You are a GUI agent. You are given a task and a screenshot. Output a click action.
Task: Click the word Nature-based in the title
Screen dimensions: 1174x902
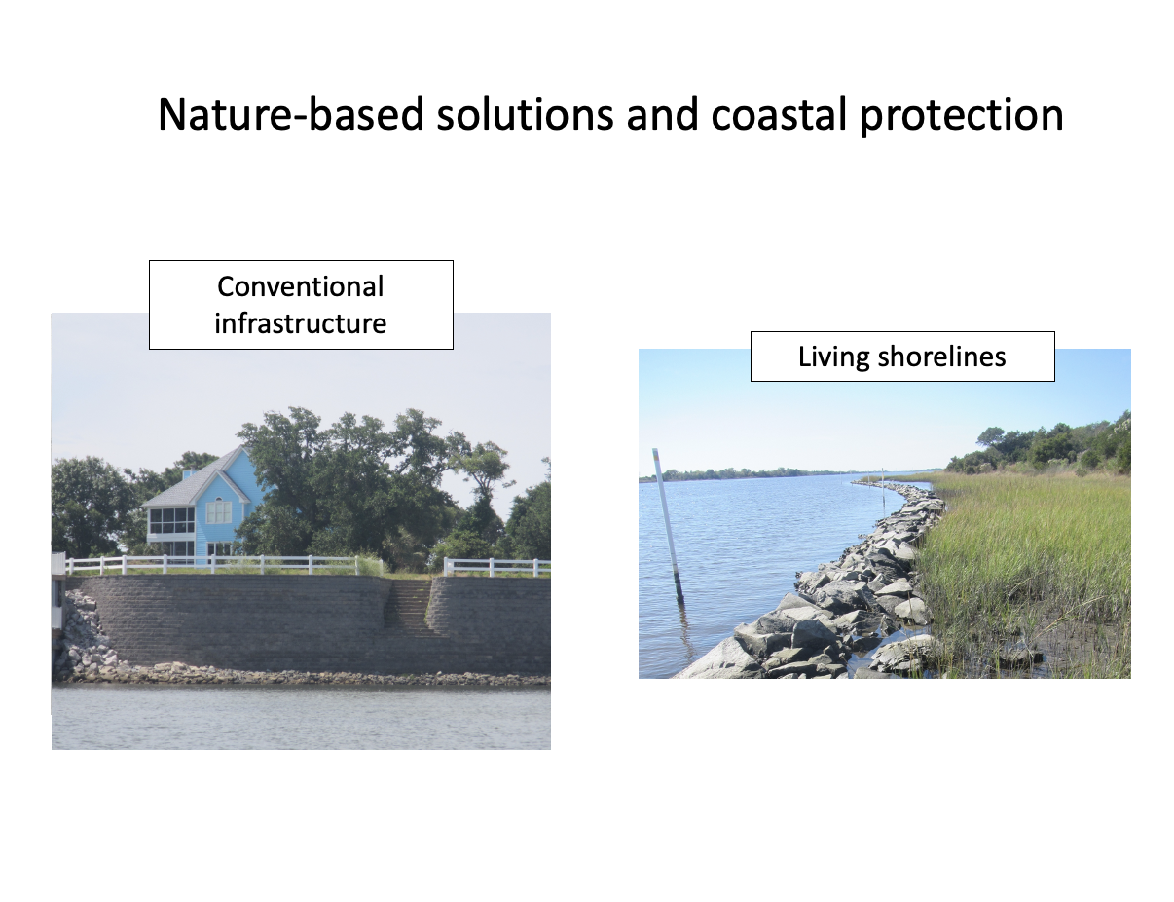point(291,115)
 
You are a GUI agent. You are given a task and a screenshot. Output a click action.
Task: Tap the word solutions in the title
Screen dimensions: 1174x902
point(525,115)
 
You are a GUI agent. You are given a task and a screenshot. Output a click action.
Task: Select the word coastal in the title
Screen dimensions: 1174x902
point(779,115)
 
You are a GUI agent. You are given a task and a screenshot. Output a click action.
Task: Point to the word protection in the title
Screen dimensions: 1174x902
point(962,116)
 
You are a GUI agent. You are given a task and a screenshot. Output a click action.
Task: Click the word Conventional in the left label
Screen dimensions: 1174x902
point(301,286)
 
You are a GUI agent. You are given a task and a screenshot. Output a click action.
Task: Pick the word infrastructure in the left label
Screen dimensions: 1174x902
point(301,323)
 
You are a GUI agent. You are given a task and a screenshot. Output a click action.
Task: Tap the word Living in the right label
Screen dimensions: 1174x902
point(833,357)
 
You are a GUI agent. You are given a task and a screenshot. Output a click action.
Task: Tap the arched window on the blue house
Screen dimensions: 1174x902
point(219,511)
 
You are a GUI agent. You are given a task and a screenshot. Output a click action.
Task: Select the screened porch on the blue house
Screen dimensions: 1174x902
point(171,520)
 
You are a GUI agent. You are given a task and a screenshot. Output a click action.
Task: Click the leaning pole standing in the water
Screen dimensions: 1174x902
point(669,526)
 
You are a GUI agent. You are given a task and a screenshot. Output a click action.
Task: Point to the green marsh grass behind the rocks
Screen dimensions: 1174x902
point(1026,562)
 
